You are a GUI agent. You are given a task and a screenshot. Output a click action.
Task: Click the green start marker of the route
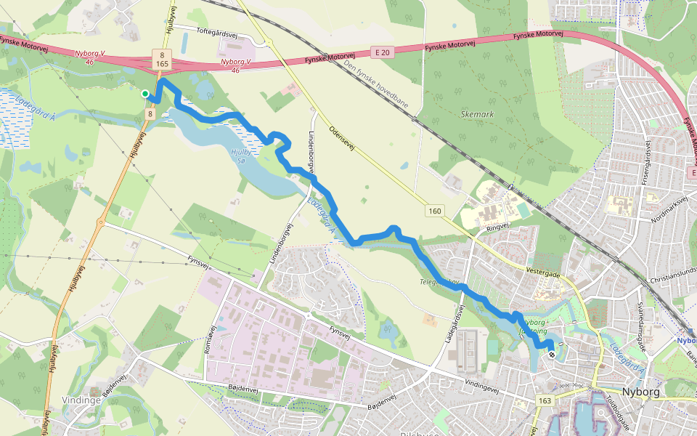(145, 94)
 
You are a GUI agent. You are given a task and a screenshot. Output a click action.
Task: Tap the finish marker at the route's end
(552, 355)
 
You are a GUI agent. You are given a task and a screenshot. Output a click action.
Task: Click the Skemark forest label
(476, 114)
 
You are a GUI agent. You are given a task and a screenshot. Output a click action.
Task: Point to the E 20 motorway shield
(383, 52)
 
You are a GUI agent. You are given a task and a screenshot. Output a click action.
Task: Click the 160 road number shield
(434, 211)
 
